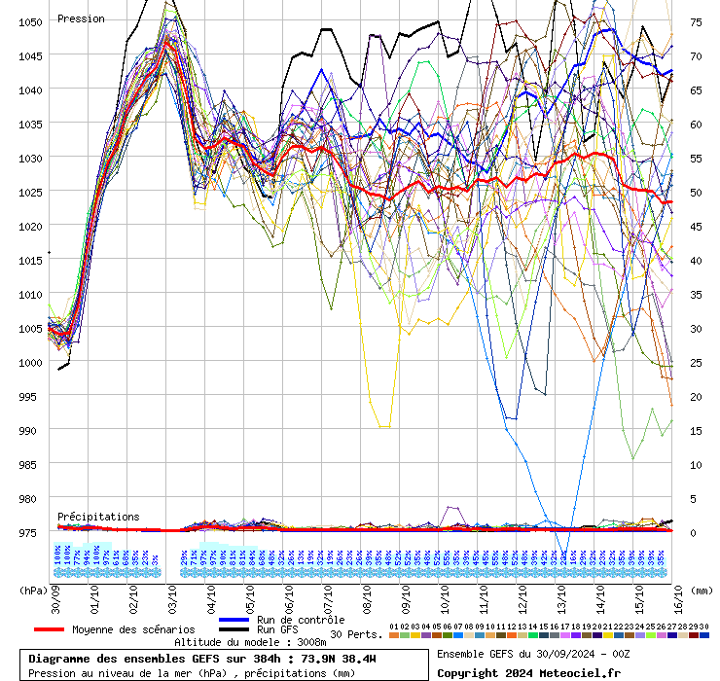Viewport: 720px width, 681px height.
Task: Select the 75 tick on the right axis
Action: pyautogui.click(x=697, y=21)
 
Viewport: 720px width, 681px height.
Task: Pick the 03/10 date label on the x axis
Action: pyautogui.click(x=172, y=595)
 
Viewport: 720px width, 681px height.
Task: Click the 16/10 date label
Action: pyautogui.click(x=678, y=595)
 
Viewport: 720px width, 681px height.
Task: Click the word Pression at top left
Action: pyautogui.click(x=81, y=18)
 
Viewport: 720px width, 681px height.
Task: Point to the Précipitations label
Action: pyautogui.click(x=97, y=517)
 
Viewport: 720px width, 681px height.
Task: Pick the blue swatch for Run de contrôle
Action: pyautogui.click(x=234, y=620)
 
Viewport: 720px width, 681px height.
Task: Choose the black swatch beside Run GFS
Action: pyautogui.click(x=234, y=629)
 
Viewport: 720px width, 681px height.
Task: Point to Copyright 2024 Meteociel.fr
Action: pyautogui.click(x=528, y=672)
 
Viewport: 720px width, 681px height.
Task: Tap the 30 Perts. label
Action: pyautogui.click(x=356, y=634)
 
